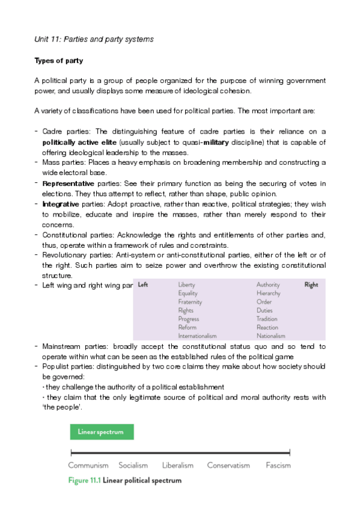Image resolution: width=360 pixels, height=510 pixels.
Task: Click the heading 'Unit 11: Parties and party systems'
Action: [94, 40]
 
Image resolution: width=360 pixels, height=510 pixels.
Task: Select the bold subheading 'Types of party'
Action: [58, 61]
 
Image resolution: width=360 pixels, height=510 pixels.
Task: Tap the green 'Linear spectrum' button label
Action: [101, 432]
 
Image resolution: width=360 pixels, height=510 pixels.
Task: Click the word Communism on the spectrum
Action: [88, 465]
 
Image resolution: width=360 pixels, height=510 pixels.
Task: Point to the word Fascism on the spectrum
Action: [278, 465]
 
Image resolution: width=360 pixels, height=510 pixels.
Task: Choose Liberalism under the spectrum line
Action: [178, 465]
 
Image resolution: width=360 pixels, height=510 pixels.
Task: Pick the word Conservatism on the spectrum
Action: [228, 465]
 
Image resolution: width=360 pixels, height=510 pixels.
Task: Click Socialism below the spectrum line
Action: [133, 465]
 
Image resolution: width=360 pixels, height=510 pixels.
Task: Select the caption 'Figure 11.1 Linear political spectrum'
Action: [125, 480]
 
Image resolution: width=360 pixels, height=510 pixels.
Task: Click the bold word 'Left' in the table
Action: [143, 284]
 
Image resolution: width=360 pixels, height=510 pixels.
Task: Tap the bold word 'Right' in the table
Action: [311, 284]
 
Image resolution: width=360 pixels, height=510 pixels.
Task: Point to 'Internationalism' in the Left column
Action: [197, 336]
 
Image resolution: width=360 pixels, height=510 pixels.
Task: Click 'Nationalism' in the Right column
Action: [270, 336]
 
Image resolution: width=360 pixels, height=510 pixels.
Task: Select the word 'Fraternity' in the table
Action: [190, 302]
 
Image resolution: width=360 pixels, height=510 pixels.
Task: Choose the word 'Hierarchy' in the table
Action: [268, 293]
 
